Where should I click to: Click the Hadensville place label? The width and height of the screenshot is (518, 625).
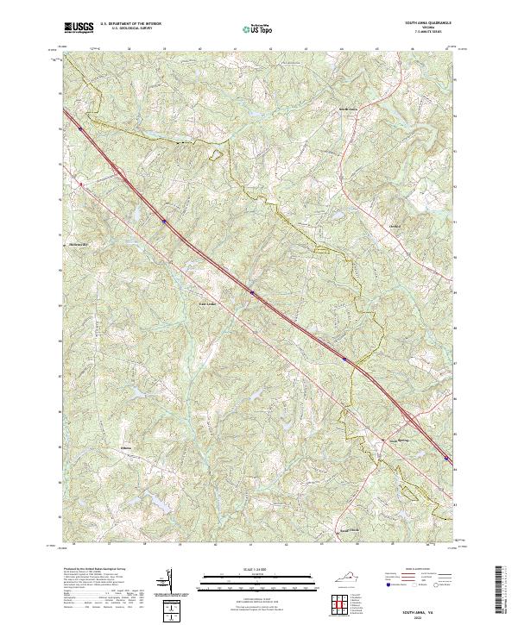(80, 244)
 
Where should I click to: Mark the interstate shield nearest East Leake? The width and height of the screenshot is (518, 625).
(253, 292)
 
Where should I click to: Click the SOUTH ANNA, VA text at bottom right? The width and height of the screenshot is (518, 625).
(408, 610)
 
